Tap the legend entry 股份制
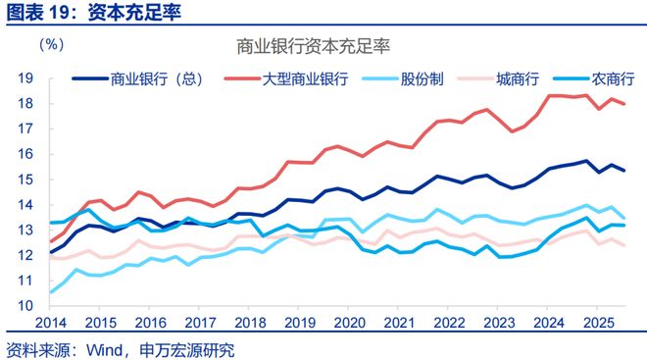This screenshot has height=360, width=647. (431, 77)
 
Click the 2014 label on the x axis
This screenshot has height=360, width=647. (52, 323)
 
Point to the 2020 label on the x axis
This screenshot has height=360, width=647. (349, 323)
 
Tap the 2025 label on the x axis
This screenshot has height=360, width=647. (596, 323)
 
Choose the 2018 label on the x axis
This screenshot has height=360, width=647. (250, 323)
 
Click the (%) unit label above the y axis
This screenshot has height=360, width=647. (52, 45)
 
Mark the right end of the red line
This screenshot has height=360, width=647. (624, 104)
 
